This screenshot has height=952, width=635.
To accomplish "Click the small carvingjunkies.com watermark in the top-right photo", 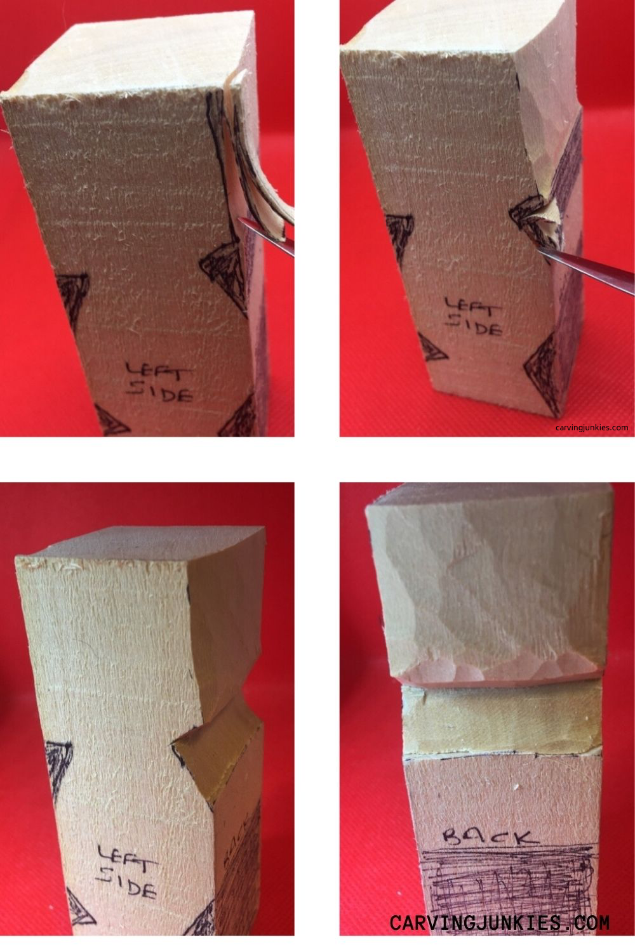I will point(591,427).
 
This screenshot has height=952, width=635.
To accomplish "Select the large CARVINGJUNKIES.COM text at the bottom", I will point(499,922).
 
